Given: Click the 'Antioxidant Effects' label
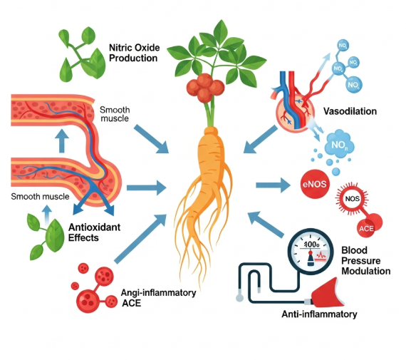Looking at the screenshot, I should pos(83,232).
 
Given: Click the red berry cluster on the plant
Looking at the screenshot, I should pos(204,88).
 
